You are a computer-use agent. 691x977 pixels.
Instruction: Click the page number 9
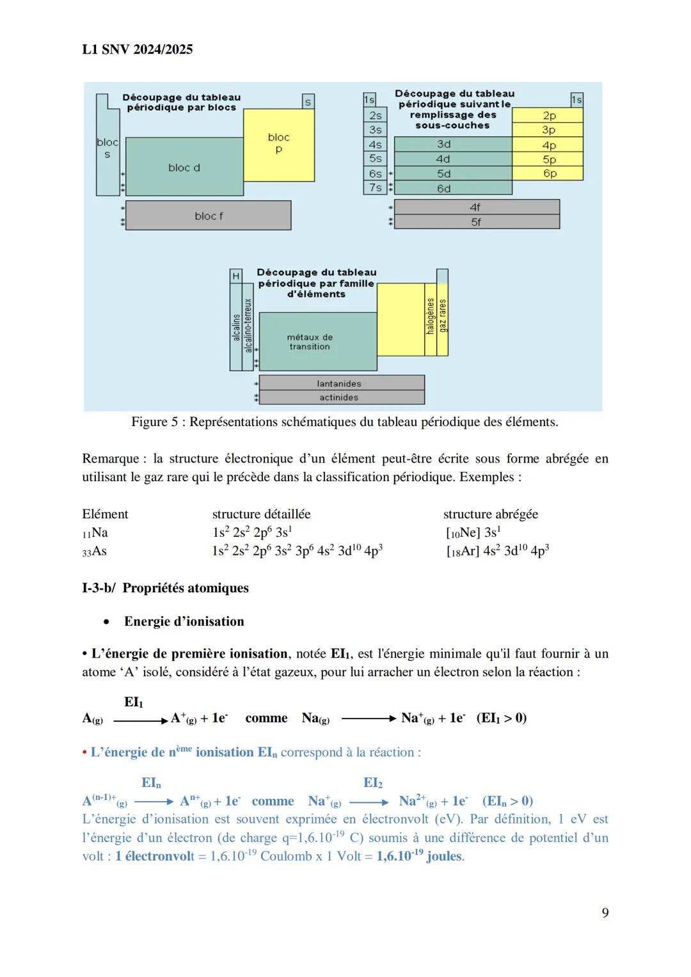605,913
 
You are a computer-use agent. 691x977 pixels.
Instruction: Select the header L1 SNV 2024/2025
138,50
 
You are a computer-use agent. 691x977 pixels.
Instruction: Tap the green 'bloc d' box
184,168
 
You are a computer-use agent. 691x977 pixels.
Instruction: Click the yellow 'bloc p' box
279,144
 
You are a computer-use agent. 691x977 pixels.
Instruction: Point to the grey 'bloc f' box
209,216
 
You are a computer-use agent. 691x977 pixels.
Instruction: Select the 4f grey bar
476,207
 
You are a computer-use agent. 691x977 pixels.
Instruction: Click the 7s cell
375,188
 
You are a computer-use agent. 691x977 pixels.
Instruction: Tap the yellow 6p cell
549,173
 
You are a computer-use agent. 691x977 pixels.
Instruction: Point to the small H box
236,276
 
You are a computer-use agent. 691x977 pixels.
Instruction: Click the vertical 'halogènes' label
431,317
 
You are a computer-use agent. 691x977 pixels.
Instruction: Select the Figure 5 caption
345,422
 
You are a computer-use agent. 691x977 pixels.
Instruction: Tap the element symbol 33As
95,551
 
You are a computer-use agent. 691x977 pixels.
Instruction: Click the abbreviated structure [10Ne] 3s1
473,532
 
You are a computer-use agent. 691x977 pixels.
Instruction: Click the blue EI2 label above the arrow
372,783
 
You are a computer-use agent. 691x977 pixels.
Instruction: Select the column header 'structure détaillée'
261,514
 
